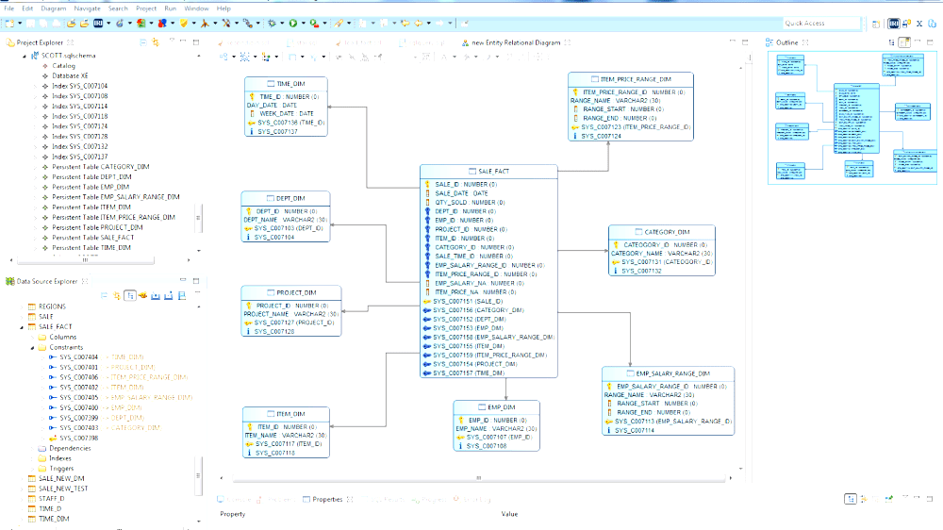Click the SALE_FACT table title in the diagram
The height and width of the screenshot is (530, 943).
point(492,171)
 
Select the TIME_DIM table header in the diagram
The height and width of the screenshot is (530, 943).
point(290,83)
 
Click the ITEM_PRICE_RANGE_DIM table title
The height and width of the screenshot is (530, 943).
point(636,79)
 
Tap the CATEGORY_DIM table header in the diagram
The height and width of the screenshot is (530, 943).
point(666,232)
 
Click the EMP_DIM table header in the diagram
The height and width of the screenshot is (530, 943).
point(501,407)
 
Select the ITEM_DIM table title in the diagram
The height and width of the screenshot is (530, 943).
point(290,414)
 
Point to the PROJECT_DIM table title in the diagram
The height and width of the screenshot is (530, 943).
point(296,292)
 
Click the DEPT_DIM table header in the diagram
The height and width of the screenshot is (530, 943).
point(290,198)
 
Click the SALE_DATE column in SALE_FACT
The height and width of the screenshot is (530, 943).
point(461,193)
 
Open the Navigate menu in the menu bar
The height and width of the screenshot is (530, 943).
point(87,8)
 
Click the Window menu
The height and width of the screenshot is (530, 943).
point(196,8)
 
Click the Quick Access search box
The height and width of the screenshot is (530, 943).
point(819,23)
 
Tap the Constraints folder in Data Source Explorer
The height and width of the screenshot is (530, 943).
point(68,347)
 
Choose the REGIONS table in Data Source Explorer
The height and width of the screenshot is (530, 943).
point(52,306)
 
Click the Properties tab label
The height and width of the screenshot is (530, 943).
point(327,499)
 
